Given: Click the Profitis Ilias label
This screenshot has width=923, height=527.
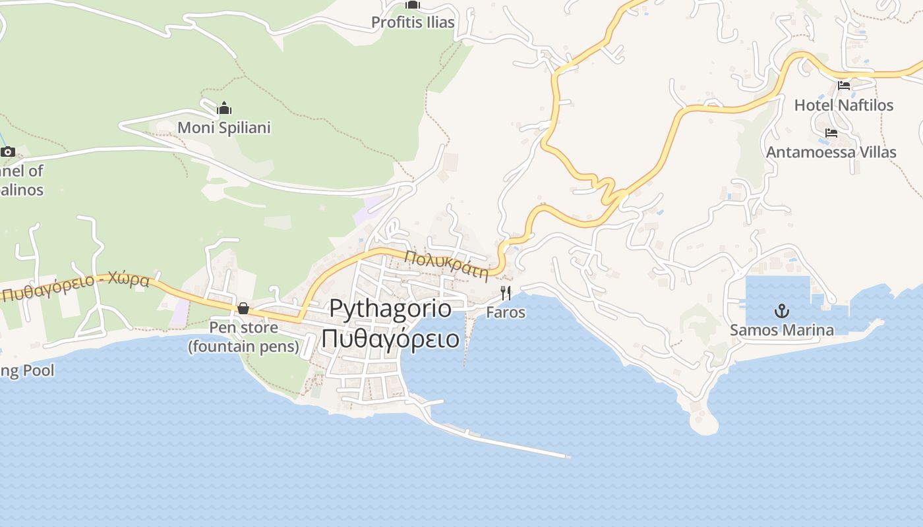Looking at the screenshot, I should click(413, 22).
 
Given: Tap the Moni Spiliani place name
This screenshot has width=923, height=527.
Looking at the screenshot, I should click(224, 127).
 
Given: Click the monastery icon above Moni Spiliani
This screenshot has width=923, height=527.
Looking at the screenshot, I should click(224, 108).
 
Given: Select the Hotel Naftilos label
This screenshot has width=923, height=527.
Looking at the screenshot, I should click(843, 105).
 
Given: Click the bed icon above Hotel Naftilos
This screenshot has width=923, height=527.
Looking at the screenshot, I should click(843, 85).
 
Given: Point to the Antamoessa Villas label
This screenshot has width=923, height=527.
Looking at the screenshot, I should click(831, 152).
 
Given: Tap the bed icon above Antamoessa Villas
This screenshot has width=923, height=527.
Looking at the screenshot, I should click(831, 132).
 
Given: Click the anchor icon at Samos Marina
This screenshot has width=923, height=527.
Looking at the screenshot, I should click(781, 310).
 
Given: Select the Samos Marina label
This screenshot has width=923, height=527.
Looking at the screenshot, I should click(781, 330).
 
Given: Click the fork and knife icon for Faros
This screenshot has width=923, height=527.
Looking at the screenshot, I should click(506, 292).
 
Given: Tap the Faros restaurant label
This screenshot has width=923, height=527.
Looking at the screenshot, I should click(506, 312).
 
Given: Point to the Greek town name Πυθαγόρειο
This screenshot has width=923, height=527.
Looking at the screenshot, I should click(390, 339).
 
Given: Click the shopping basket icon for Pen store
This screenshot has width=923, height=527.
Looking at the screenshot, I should click(243, 308).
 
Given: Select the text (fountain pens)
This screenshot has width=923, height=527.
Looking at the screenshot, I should click(243, 346).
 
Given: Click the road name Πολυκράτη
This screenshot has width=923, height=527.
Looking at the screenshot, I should click(446, 263).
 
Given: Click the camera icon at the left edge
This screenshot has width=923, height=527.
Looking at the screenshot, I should click(8, 152).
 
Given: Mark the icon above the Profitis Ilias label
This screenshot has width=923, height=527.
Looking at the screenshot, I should click(413, 5).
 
